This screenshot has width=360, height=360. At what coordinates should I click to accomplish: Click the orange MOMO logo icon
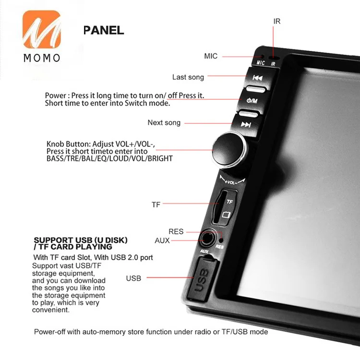(42, 29)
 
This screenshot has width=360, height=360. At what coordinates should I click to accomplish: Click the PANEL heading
(104, 30)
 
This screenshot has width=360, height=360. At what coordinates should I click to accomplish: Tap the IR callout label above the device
(276, 21)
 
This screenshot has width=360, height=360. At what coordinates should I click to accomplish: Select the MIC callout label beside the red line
(211, 56)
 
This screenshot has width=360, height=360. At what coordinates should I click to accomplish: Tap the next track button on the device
(246, 125)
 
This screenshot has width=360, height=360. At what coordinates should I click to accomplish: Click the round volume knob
(229, 149)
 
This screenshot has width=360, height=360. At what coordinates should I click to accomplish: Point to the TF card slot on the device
(219, 206)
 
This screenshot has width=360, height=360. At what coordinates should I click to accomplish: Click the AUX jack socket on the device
(207, 239)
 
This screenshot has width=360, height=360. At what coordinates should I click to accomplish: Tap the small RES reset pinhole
(221, 240)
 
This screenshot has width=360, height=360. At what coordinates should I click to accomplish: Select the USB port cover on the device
(202, 278)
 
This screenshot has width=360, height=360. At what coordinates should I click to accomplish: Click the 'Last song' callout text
(188, 77)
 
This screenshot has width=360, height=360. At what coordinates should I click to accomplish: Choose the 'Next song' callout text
(164, 122)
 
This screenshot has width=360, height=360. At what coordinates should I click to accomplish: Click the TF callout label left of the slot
(156, 204)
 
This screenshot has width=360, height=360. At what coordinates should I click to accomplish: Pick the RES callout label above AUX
(176, 231)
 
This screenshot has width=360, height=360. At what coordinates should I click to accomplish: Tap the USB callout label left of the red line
(133, 278)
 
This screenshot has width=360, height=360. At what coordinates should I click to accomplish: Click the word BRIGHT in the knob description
(160, 159)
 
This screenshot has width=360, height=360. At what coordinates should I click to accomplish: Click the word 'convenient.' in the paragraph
(51, 310)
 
